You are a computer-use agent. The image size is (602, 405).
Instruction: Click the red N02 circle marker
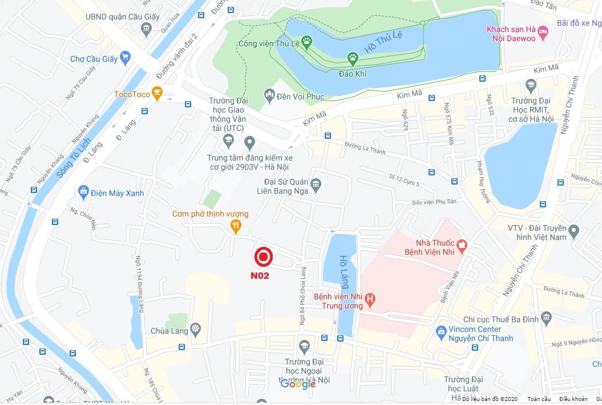(x=263, y=258)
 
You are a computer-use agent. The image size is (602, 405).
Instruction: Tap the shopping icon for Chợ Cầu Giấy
(x=126, y=57)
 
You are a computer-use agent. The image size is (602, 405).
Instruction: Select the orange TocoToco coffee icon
(x=157, y=94)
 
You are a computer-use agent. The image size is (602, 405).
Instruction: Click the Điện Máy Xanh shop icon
(x=83, y=192)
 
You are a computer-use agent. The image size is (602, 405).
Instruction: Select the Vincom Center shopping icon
(x=441, y=332)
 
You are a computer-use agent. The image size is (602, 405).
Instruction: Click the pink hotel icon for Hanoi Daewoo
(x=543, y=33)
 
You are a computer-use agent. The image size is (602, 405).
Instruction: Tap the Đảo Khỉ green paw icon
(x=353, y=58)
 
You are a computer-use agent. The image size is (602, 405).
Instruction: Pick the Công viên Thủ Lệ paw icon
(x=307, y=41)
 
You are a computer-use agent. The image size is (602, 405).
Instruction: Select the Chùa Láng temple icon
(x=196, y=330)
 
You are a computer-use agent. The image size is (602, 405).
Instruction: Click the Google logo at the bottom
(x=298, y=384)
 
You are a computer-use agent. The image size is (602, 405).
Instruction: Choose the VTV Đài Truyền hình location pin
(x=573, y=231)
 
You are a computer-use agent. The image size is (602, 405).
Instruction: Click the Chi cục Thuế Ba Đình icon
(x=547, y=318)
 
